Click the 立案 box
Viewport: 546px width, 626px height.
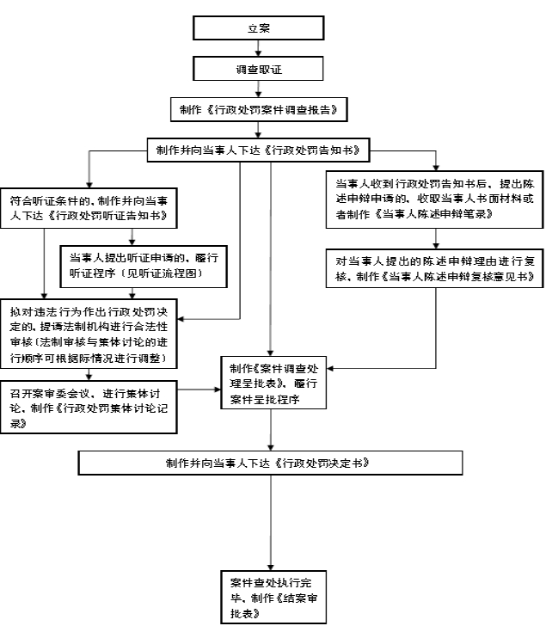point(258,28)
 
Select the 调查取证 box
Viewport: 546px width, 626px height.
point(258,69)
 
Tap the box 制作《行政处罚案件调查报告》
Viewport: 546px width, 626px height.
point(259,110)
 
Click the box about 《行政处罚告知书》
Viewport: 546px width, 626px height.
point(258,150)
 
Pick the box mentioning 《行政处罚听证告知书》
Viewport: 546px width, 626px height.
point(89,208)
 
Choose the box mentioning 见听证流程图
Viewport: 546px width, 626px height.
point(144,267)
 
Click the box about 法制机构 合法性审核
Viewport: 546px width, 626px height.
point(89,334)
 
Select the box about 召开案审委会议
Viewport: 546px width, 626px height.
point(89,408)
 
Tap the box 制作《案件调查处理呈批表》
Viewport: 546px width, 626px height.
point(273,383)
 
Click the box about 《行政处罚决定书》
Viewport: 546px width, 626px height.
point(270,463)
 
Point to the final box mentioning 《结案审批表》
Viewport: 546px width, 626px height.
point(273,597)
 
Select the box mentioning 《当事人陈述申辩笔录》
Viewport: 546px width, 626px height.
point(434,199)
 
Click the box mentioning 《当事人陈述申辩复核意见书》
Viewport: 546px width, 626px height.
point(434,268)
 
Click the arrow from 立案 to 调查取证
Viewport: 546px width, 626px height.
point(258,48)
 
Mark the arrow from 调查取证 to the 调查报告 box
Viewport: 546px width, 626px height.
point(258,89)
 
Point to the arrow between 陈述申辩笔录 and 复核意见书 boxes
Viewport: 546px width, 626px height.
point(436,239)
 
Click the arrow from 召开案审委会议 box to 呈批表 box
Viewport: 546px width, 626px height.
point(199,390)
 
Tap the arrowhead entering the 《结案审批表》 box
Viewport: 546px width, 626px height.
point(271,568)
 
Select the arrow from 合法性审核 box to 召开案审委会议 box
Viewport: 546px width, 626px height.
point(89,375)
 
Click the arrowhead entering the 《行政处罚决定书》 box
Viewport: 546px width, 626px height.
point(271,448)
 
